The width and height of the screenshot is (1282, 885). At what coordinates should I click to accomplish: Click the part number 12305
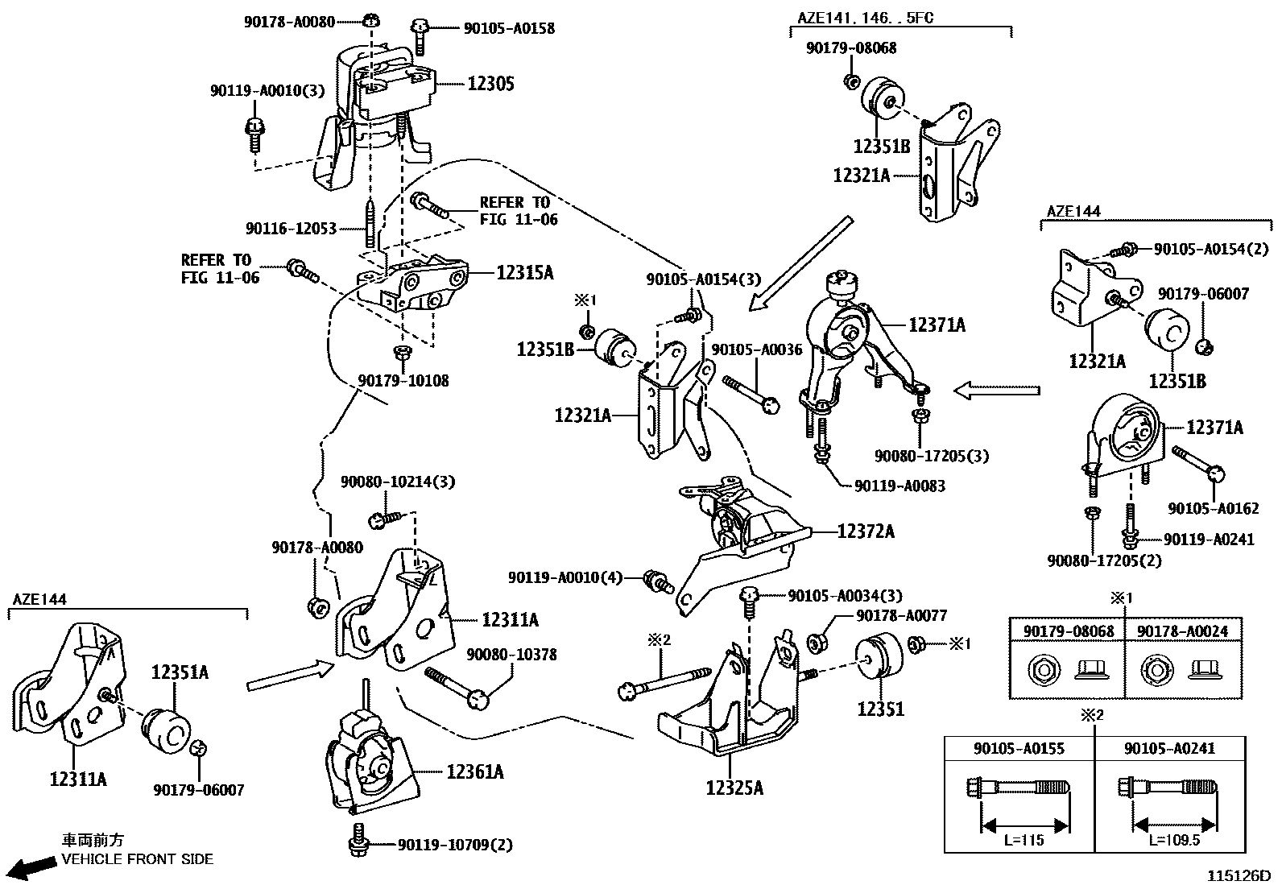coord(490,84)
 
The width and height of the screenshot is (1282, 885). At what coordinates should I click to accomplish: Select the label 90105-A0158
coord(509,28)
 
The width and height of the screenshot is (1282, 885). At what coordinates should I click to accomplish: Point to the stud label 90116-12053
coord(291,229)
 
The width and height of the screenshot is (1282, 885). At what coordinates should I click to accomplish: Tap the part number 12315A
coord(524,272)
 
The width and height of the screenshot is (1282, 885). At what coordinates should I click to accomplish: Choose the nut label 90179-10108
coord(403,380)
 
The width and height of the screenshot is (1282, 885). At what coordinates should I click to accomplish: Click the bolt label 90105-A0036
coord(757,349)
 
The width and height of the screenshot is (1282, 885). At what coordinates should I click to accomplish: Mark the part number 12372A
coord(866,531)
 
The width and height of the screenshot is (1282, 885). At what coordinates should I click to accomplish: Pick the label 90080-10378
coord(511,655)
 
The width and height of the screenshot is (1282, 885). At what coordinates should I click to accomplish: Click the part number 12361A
coord(475,771)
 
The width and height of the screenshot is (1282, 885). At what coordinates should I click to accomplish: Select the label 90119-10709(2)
coord(455,845)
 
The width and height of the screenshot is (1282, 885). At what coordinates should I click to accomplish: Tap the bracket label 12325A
coord(734,788)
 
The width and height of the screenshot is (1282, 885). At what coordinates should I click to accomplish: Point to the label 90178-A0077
coord(901,615)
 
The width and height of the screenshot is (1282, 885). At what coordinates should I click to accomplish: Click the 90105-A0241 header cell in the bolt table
coord(1170,748)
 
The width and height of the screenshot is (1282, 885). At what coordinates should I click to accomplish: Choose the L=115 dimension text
coord(1024,840)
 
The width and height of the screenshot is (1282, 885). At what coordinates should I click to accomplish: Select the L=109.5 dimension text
coord(1174,840)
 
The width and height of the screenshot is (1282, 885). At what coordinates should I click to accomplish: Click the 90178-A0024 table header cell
coord(1183,631)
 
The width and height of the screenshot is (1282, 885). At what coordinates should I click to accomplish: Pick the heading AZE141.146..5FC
coord(866,18)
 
